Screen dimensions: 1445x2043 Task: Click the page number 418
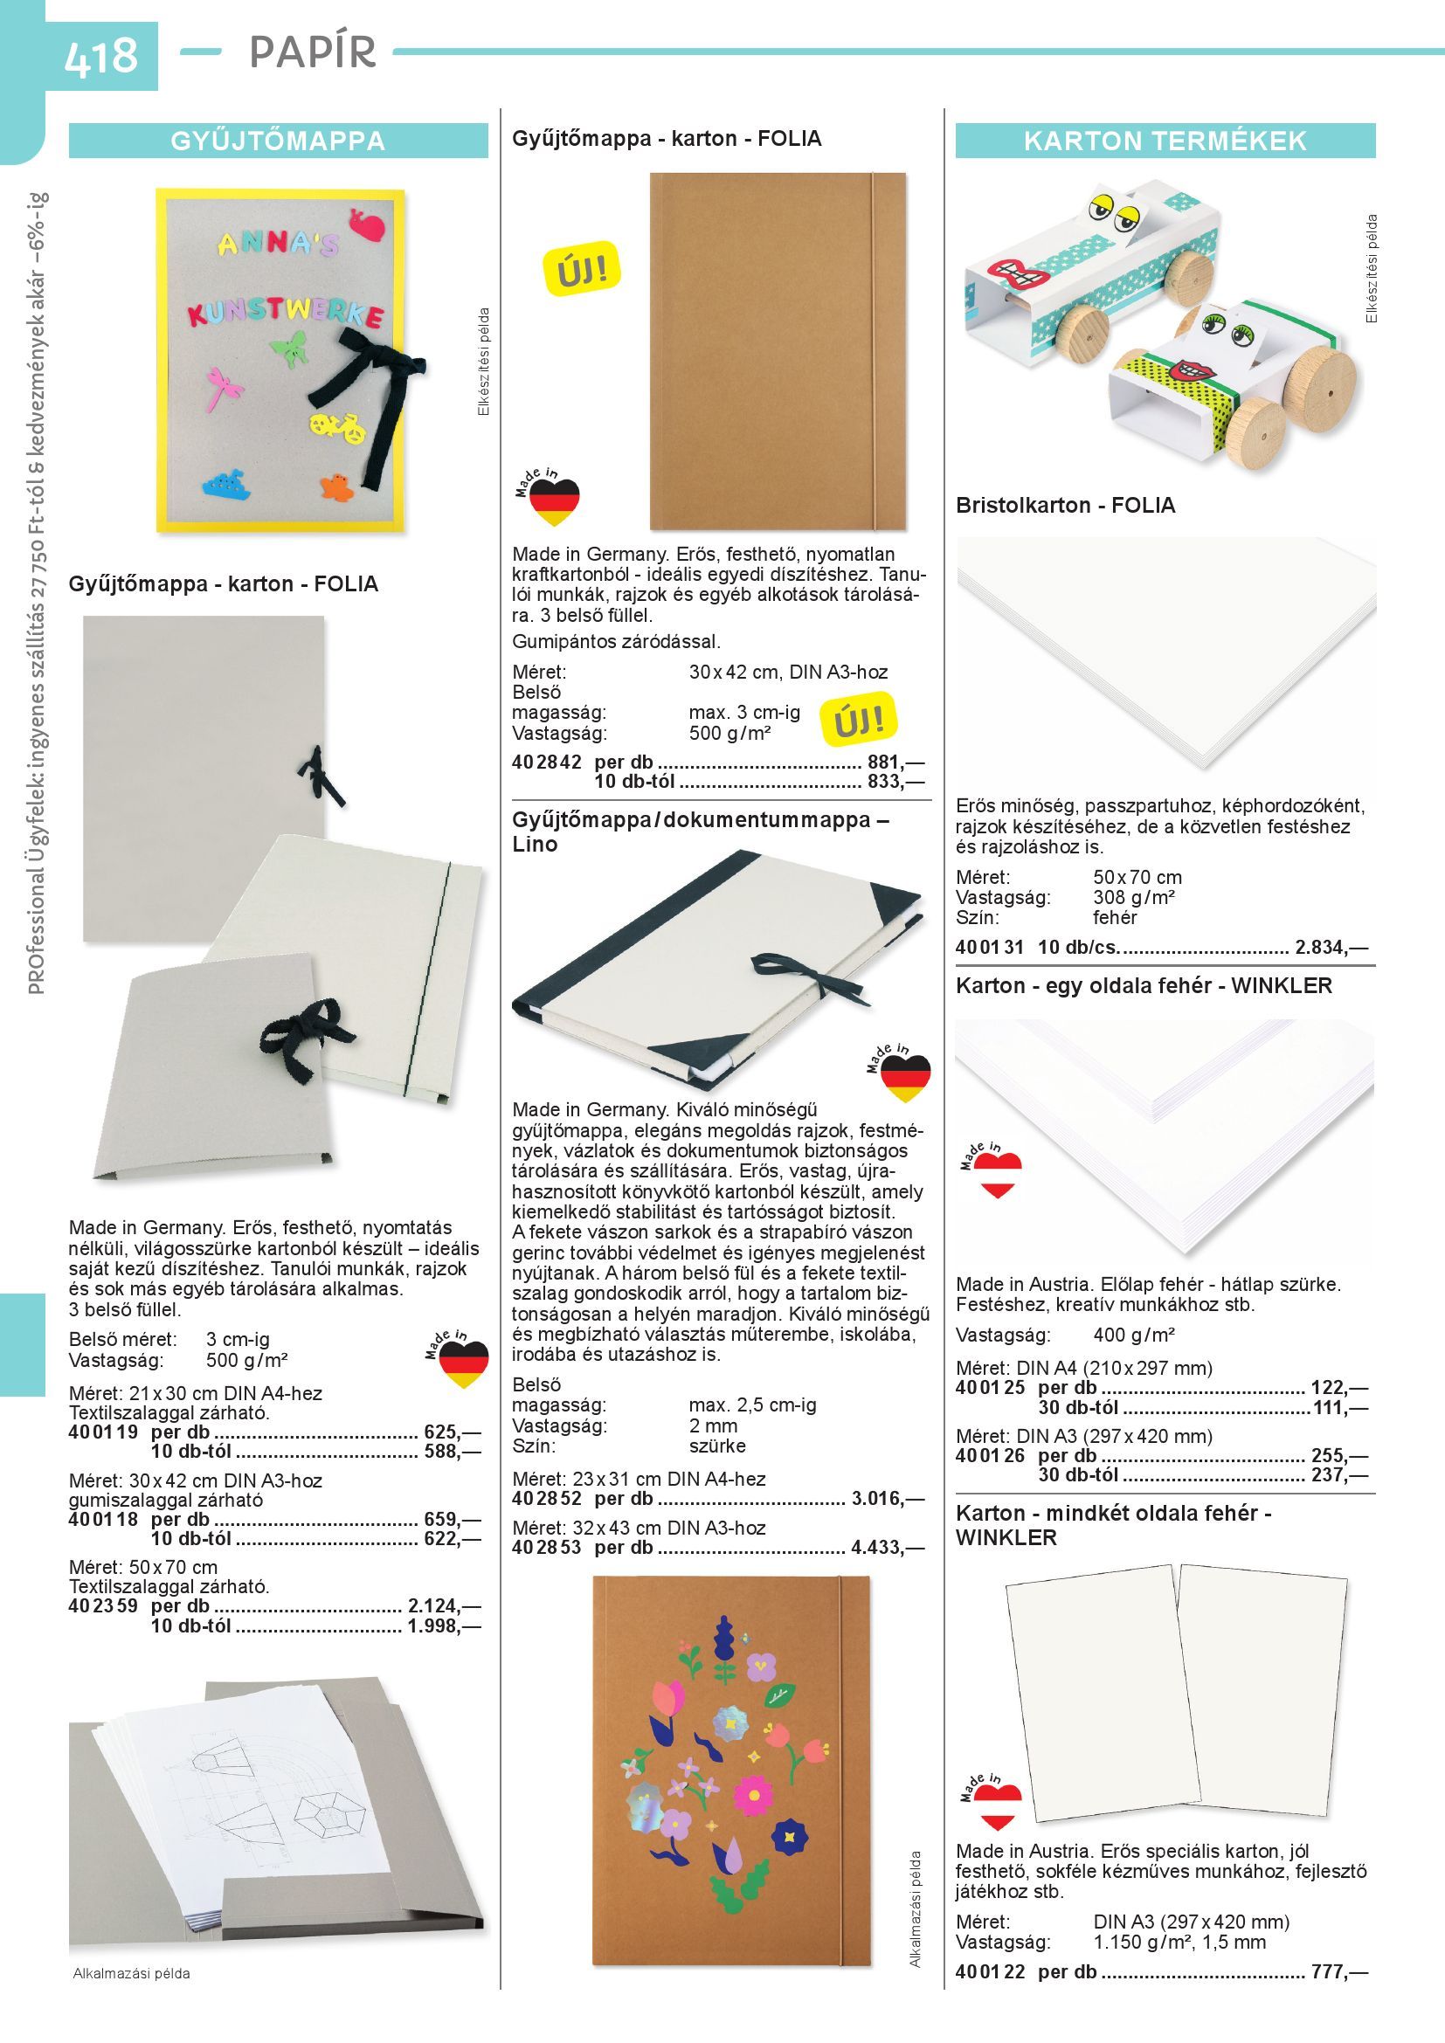click(x=100, y=55)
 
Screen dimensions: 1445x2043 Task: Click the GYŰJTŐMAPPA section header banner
click(x=279, y=141)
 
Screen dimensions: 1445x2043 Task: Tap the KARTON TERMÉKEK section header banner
click(x=1165, y=141)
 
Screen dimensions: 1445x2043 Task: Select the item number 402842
click(x=546, y=763)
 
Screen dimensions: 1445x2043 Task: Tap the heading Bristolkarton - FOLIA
click(x=1065, y=506)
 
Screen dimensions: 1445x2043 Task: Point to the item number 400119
click(x=103, y=1432)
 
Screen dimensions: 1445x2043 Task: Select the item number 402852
click(x=546, y=1499)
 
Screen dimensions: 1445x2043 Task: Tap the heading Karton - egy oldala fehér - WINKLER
click(x=1144, y=986)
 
